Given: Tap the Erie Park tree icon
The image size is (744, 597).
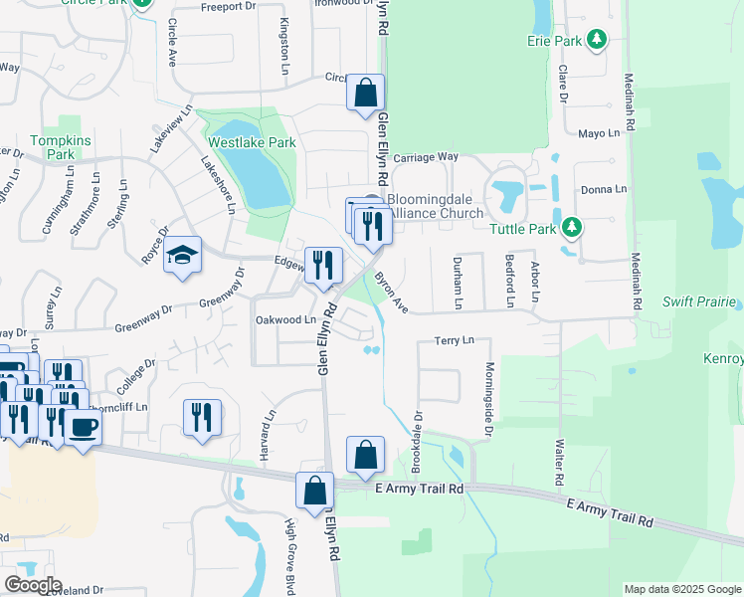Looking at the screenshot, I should click(597, 41).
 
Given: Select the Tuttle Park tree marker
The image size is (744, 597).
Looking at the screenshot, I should click(572, 228).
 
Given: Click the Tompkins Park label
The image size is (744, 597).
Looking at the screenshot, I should click(53, 147).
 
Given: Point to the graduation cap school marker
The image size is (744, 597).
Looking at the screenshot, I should click(182, 256).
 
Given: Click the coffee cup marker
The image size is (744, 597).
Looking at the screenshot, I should click(84, 428).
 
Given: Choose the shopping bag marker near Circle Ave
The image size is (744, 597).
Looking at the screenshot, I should click(365, 93).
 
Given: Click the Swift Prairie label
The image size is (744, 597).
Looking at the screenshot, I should click(702, 300).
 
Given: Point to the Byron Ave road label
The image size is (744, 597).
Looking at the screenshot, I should click(392, 292).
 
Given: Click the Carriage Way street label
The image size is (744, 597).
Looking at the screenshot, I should click(425, 157).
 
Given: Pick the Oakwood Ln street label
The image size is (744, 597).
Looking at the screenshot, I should click(285, 320).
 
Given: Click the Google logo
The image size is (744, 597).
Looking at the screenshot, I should click(33, 585).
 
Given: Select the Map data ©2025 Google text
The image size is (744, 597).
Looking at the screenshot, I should click(682, 589).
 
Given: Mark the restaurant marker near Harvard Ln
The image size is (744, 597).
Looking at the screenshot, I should click(202, 418).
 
